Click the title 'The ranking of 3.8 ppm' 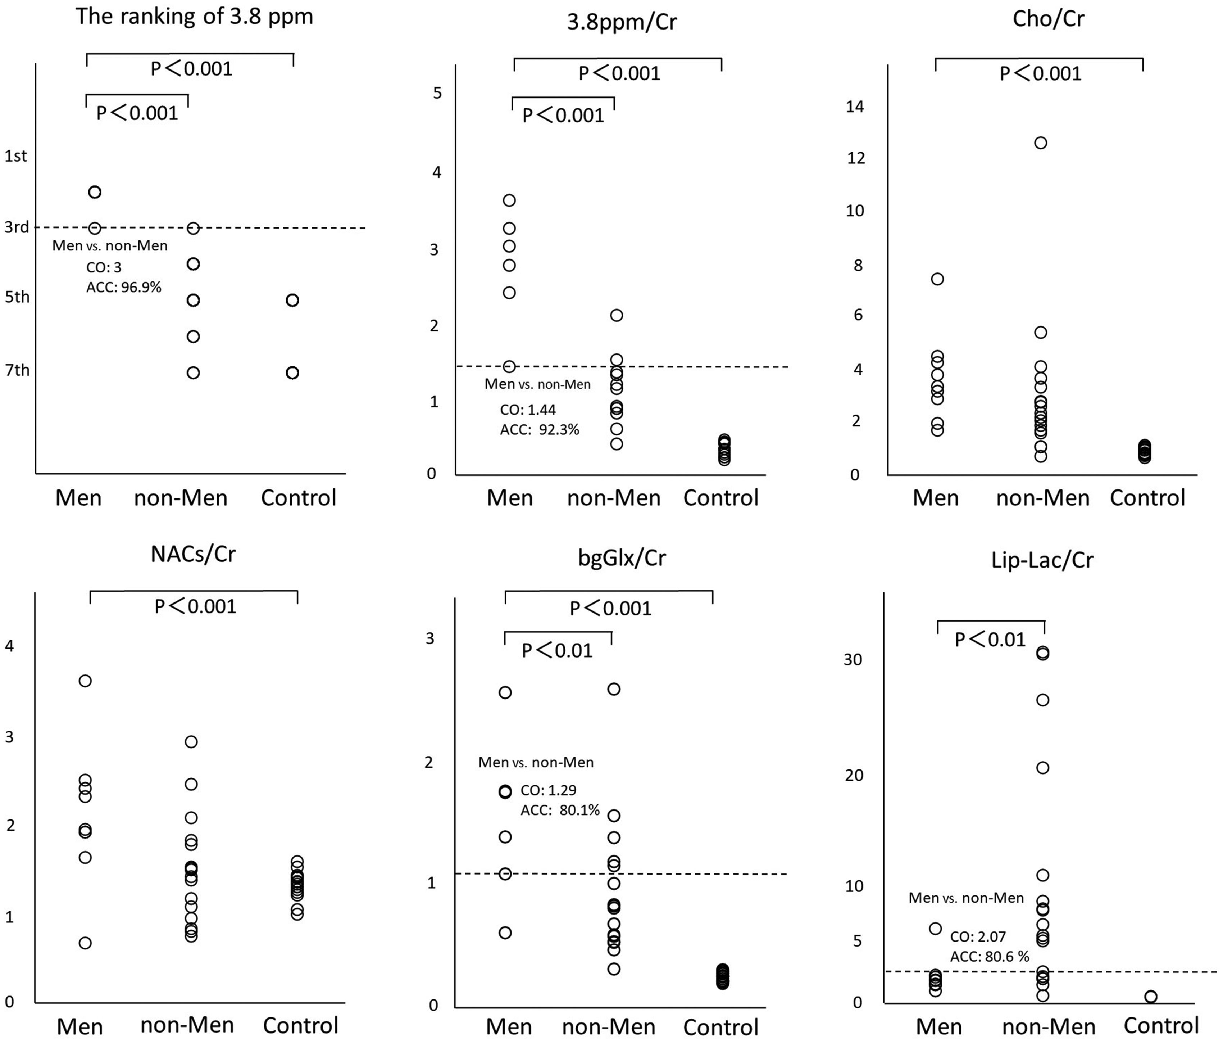tap(194, 17)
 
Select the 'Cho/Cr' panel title tap(1048, 19)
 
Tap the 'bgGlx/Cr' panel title tap(622, 557)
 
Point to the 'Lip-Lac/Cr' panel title tap(1042, 560)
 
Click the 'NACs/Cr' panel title tap(194, 554)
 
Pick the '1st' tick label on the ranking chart tap(16, 156)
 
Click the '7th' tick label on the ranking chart tap(17, 370)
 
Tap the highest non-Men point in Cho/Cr tap(1041, 143)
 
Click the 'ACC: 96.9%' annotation tap(124, 288)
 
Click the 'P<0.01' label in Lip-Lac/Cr tap(990, 640)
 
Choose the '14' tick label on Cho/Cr tap(855, 106)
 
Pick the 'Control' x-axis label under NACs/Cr tap(300, 1025)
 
